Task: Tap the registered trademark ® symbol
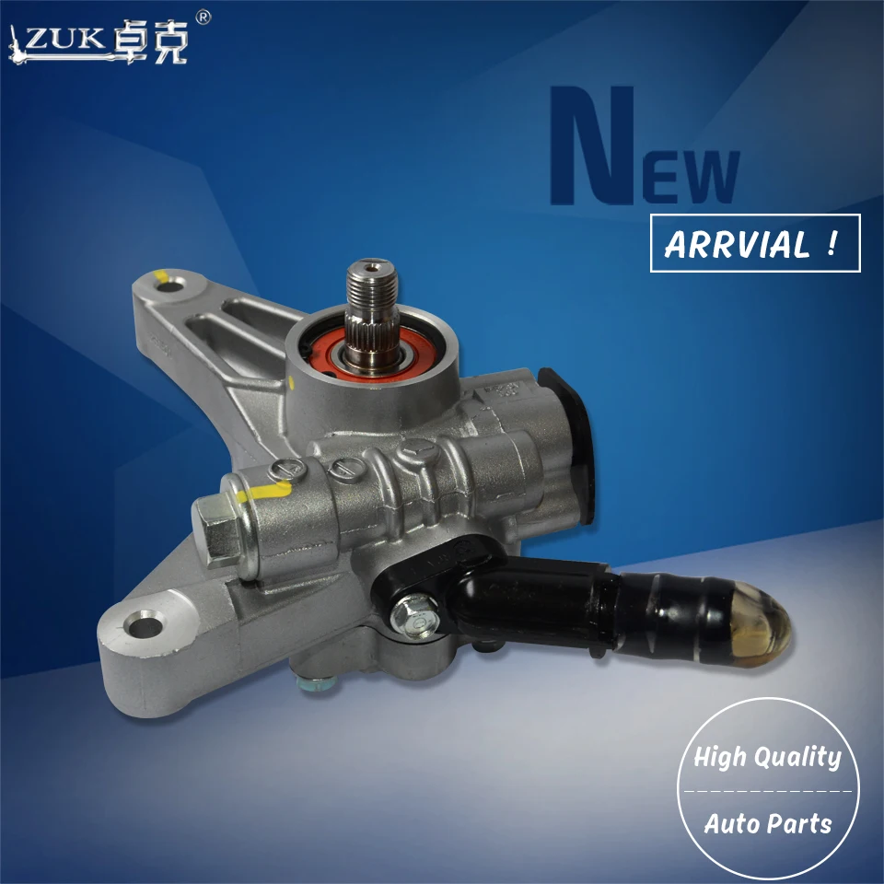(204, 17)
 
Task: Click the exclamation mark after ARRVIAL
(832, 243)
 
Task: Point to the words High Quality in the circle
(767, 757)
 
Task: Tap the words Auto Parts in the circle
(768, 822)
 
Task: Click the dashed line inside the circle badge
(767, 790)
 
